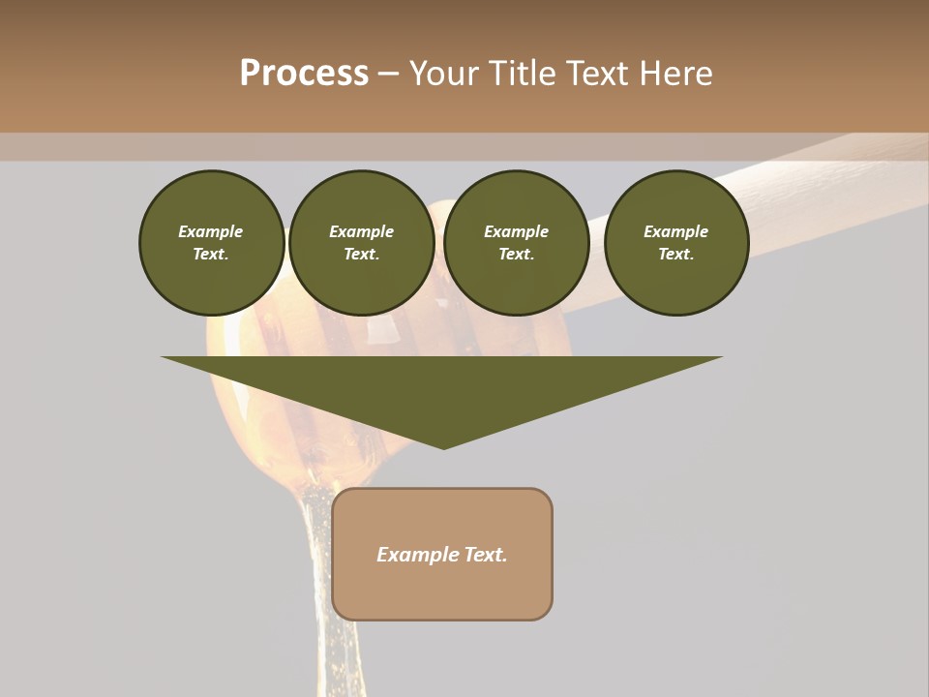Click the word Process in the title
pyautogui.click(x=304, y=74)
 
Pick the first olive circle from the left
pyautogui.click(x=211, y=243)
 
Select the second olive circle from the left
pyautogui.click(x=361, y=243)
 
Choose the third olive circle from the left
pyautogui.click(x=516, y=243)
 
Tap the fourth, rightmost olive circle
pyautogui.click(x=675, y=243)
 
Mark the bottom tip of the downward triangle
pyautogui.click(x=443, y=446)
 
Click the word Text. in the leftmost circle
pyautogui.click(x=211, y=255)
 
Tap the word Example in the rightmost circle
pyautogui.click(x=675, y=231)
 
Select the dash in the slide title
pyautogui.click(x=389, y=75)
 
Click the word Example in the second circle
pyautogui.click(x=361, y=231)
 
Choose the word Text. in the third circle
pyautogui.click(x=516, y=255)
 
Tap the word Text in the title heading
pyautogui.click(x=597, y=74)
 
